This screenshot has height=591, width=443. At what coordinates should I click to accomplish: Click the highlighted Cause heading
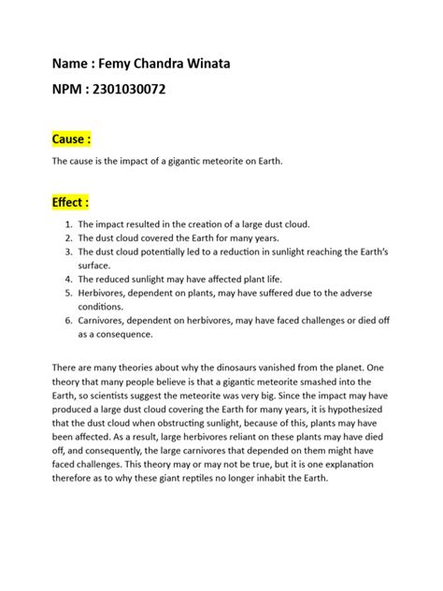point(71,139)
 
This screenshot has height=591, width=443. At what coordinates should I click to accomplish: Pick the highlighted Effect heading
point(71,201)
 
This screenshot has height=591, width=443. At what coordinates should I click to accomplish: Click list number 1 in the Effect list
point(68,225)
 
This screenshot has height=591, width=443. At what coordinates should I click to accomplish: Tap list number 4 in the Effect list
point(68,279)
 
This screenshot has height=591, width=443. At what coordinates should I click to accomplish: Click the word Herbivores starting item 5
point(104,293)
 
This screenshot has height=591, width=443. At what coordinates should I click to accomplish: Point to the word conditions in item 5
point(100,306)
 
